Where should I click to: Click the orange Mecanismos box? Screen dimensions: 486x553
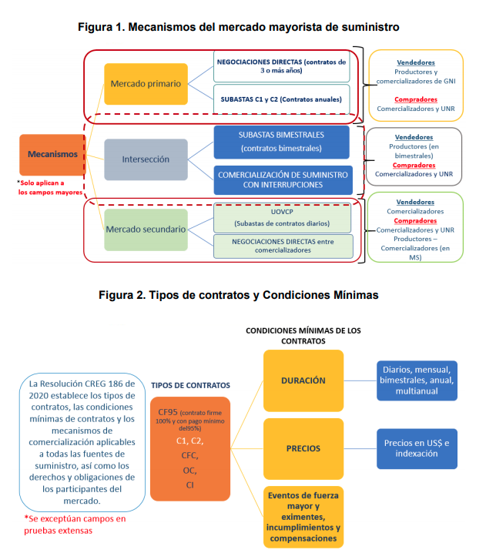(52, 155)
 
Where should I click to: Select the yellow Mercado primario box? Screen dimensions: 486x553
(146, 84)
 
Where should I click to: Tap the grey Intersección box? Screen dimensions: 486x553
(146, 159)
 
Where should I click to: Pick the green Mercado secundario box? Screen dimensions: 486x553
(146, 230)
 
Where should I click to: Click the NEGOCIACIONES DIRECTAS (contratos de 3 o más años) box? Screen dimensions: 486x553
(281, 66)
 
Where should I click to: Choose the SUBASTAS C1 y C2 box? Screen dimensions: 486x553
(281, 99)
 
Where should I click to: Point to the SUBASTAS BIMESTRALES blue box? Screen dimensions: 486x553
(281, 142)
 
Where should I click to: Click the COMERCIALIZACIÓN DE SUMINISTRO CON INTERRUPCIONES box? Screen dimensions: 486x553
(283, 180)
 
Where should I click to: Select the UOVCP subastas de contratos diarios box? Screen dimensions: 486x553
(282, 218)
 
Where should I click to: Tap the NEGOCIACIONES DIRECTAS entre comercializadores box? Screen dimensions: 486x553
(283, 246)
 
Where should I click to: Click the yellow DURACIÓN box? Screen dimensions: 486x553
(303, 380)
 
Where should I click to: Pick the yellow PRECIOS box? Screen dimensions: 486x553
(303, 448)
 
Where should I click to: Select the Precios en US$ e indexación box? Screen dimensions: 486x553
(417, 448)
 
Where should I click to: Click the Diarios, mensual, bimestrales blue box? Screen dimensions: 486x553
(417, 380)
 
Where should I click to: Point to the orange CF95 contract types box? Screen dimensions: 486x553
(190, 448)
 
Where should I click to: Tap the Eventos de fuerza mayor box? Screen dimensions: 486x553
(303, 517)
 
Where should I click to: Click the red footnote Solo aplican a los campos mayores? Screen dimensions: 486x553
(50, 188)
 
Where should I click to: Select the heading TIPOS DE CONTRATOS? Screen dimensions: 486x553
(190, 385)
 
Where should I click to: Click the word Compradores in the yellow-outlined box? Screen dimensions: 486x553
(416, 99)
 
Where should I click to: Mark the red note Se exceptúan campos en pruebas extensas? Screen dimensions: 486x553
(75, 525)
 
